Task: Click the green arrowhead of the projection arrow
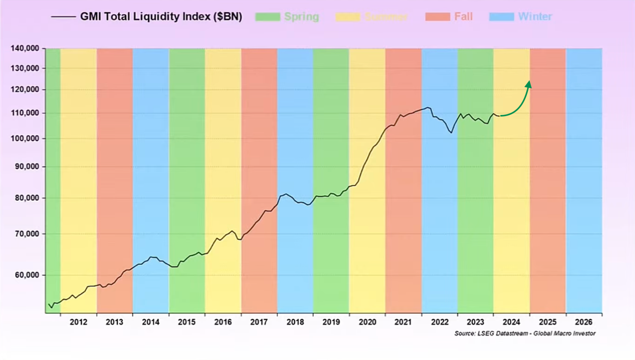pos(528,84)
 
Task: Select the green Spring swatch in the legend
pos(267,17)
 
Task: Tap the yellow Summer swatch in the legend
pos(348,17)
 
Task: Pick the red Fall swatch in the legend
pos(437,17)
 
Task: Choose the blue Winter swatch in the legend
pos(501,17)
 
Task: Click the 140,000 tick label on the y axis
pos(25,48)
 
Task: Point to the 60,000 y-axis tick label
pos(27,275)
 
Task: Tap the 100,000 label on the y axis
pos(25,138)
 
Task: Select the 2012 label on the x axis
pos(78,322)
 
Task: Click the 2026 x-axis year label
pos(583,322)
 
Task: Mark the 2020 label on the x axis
pos(367,322)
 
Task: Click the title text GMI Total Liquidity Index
pos(161,17)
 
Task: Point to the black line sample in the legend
pos(63,17)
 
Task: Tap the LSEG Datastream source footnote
pos(525,333)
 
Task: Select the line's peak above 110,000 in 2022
pos(428,108)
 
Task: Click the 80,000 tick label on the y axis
pos(27,198)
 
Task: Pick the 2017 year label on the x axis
pos(259,322)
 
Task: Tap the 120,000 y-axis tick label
pos(25,90)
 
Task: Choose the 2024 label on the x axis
pos(511,322)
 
